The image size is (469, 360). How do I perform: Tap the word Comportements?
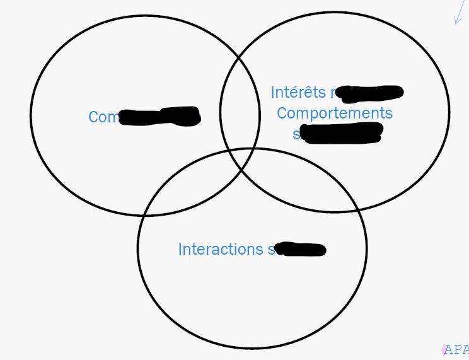point(334,113)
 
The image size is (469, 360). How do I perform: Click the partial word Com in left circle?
point(103,117)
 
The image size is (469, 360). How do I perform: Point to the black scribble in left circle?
point(160,117)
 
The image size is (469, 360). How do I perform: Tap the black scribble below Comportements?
point(342,134)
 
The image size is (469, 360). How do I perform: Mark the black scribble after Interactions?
point(301,250)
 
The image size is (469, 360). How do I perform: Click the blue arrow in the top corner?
point(458,14)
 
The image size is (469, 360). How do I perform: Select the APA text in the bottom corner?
point(456,350)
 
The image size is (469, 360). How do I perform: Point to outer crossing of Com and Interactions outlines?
point(145,215)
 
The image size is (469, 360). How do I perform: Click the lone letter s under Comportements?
point(296,134)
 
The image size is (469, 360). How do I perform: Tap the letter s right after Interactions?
point(271,250)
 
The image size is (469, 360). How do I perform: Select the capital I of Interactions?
point(180,249)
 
